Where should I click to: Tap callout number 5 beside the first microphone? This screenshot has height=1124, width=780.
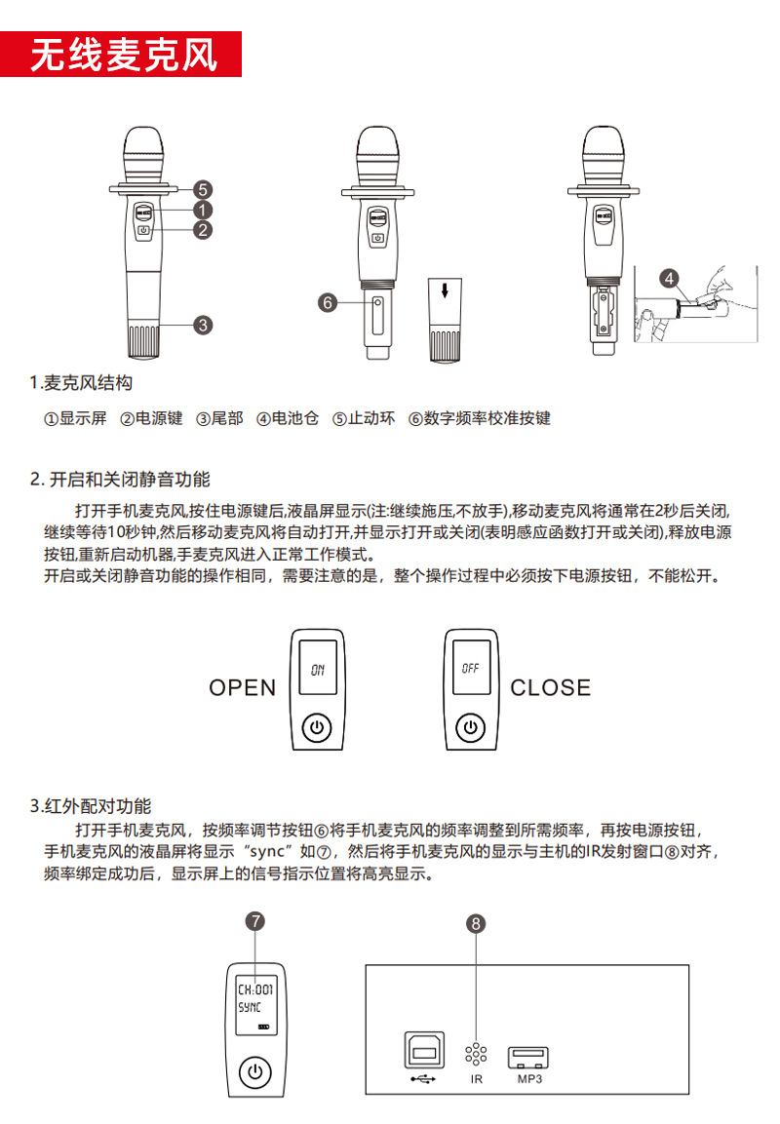(203, 189)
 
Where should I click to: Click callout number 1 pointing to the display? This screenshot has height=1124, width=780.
(203, 210)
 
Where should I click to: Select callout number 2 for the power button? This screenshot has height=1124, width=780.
(203, 230)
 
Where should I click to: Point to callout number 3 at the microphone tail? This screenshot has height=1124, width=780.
(203, 325)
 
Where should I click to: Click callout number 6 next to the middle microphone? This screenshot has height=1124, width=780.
(328, 302)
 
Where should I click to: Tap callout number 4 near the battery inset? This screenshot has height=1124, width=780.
(669, 278)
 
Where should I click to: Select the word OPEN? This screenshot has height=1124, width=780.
(243, 687)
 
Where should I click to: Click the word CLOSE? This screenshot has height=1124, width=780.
(551, 687)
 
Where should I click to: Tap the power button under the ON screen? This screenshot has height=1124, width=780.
(318, 727)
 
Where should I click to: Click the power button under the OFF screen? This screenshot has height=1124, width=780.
(472, 727)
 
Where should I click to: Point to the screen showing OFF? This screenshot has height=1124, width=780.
(472, 670)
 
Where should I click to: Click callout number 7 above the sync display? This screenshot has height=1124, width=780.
(254, 920)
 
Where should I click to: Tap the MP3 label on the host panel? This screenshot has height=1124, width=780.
(529, 1079)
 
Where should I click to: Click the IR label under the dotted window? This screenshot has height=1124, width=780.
(477, 1079)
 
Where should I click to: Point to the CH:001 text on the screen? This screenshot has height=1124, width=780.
(255, 988)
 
